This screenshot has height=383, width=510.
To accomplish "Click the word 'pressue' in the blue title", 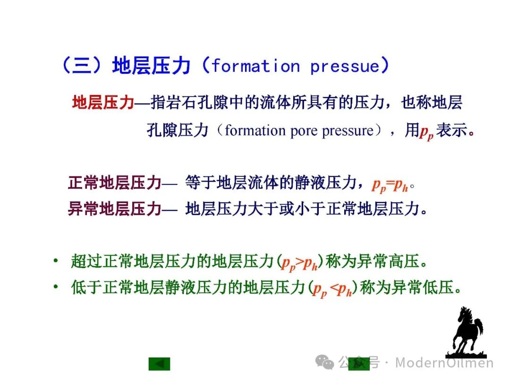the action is [x=345, y=67].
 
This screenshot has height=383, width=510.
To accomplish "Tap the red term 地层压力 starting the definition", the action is [x=103, y=102].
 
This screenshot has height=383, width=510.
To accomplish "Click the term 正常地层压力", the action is [x=115, y=183].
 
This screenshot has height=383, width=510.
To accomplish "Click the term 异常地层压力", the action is [x=115, y=209].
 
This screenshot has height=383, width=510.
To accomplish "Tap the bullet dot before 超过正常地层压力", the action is [x=56, y=261].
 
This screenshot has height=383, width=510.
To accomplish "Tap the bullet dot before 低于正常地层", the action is [x=56, y=287].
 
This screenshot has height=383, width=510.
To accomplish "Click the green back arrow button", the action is [x=160, y=364].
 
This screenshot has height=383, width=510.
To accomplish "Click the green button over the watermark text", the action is [x=359, y=364].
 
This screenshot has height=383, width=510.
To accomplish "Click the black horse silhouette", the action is [x=467, y=332].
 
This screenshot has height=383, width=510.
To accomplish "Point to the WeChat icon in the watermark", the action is [x=324, y=362].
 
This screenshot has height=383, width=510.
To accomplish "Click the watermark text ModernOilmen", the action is [x=444, y=363].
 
